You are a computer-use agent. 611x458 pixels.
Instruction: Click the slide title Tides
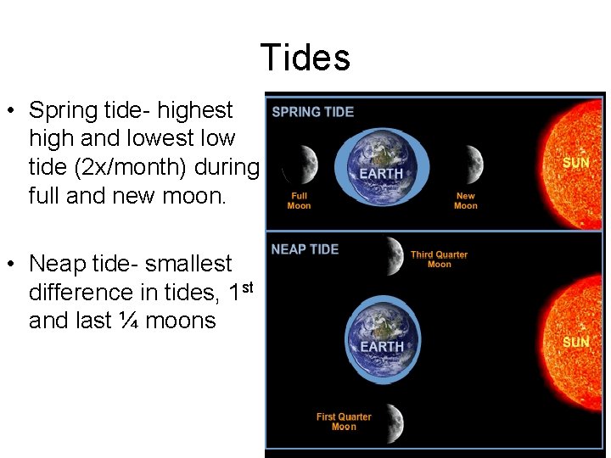(305, 59)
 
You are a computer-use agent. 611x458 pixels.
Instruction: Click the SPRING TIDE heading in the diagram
(312, 112)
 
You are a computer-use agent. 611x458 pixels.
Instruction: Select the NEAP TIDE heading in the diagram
(305, 249)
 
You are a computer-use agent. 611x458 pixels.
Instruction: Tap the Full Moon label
(299, 201)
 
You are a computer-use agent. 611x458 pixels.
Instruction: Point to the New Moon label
(465, 201)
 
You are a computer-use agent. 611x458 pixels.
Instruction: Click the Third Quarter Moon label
(439, 260)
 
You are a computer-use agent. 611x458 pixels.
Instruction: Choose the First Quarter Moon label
(344, 422)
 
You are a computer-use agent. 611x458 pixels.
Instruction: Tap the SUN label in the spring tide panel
(576, 162)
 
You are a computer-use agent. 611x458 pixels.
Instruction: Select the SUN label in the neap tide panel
(576, 342)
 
